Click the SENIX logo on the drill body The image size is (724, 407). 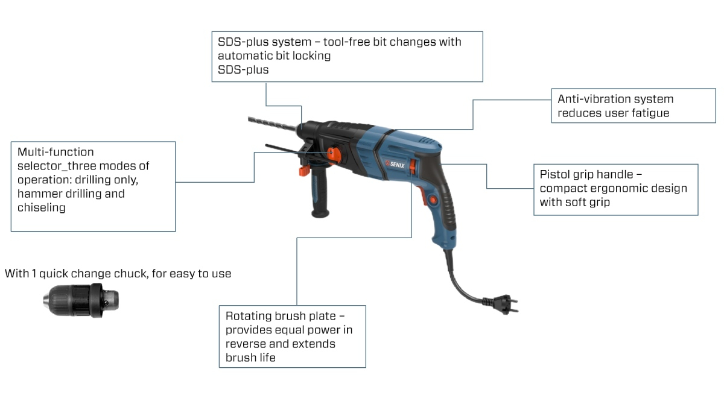[395, 165]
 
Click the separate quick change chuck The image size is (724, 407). [81, 300]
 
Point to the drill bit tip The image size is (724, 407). [249, 119]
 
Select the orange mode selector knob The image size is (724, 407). [334, 155]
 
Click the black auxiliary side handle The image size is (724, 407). [320, 193]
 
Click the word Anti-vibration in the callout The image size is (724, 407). [595, 99]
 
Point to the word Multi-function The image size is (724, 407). [56, 152]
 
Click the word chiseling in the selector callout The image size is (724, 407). [42, 207]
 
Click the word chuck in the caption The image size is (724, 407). [132, 274]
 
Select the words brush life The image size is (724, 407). [250, 358]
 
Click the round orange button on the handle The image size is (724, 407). [433, 200]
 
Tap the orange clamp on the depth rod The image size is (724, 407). [304, 171]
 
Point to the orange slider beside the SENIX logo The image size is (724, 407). [412, 167]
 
